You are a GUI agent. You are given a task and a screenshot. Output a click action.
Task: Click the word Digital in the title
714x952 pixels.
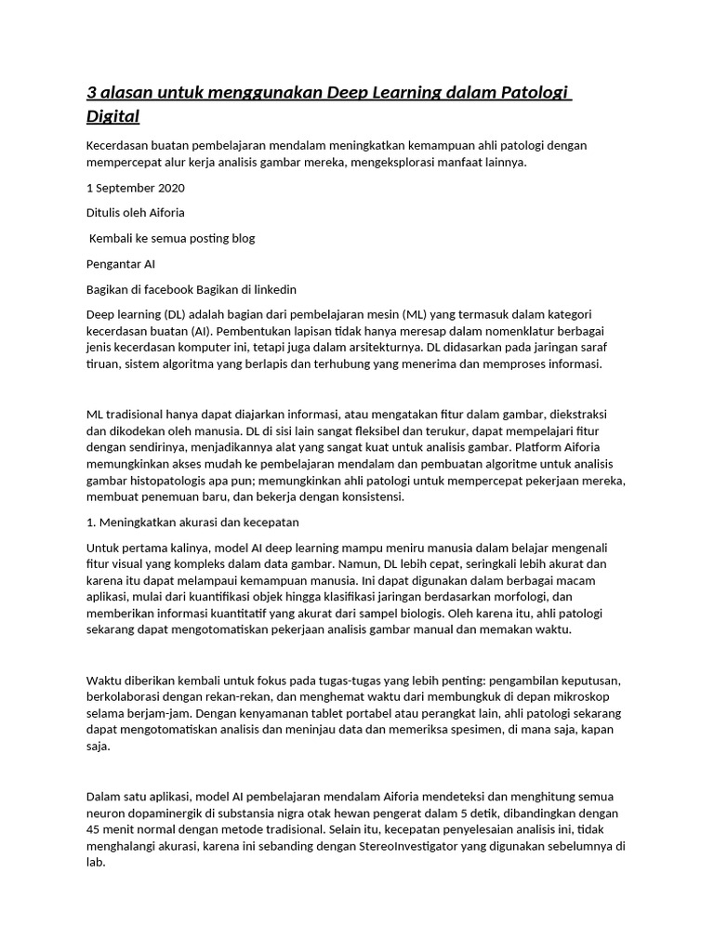(112, 117)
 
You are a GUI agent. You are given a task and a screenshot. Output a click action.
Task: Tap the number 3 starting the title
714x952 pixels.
(91, 93)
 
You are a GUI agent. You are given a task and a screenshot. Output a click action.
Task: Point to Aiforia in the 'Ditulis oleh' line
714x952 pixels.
(165, 213)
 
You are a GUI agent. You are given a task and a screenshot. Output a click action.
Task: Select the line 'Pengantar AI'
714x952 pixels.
(120, 264)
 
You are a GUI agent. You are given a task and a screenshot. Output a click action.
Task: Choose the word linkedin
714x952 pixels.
(271, 289)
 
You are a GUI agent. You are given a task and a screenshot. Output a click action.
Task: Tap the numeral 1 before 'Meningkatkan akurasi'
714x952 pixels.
(90, 522)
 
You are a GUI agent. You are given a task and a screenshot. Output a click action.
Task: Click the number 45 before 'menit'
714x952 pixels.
(94, 830)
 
